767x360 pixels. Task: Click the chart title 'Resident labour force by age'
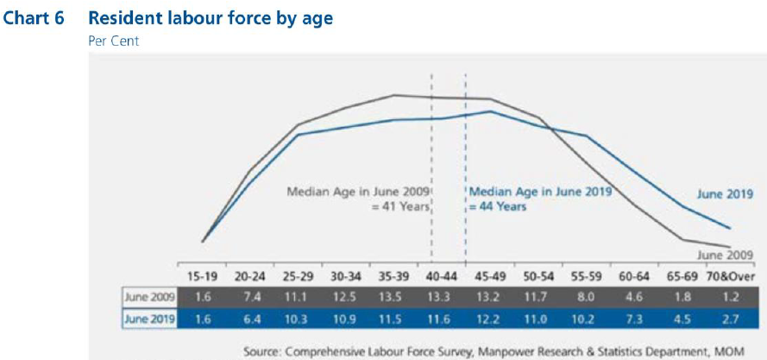tap(211, 18)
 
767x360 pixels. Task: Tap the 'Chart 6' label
tap(35, 18)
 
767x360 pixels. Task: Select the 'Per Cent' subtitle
tap(114, 41)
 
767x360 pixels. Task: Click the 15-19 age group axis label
tap(202, 276)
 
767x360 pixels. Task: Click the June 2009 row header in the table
tap(151, 297)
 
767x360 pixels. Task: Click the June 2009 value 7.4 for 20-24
tap(251, 297)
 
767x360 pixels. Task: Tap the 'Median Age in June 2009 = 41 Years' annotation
tap(359, 199)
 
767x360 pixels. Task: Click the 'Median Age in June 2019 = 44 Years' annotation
tap(538, 199)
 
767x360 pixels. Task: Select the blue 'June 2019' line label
tap(721, 194)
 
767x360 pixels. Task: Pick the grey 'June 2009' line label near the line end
tap(721, 256)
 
